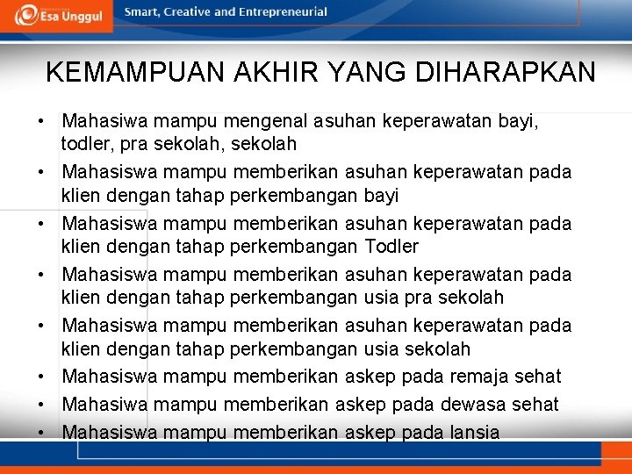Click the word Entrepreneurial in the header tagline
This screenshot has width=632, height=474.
284,12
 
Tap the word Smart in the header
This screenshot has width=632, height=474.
141,12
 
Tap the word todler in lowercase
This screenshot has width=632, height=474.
83,143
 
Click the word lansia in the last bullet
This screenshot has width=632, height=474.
473,432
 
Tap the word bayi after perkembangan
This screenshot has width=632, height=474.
381,195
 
